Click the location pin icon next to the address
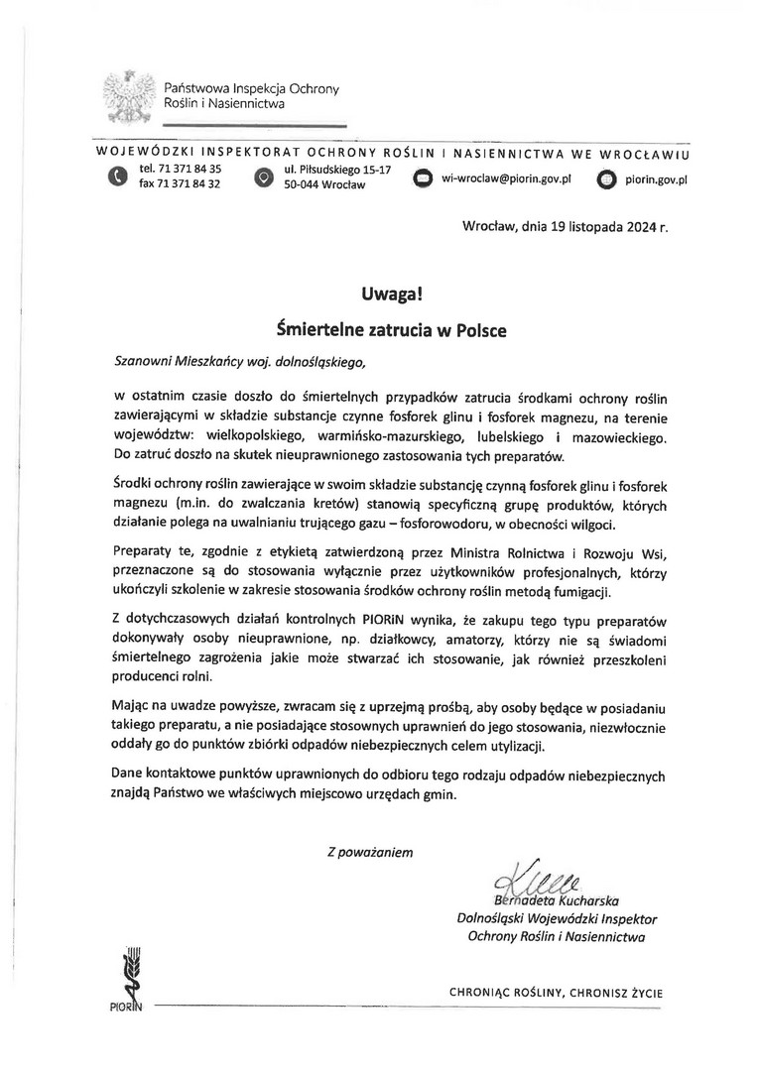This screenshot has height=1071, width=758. pyautogui.click(x=264, y=178)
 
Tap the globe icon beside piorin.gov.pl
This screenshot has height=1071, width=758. pyautogui.click(x=606, y=179)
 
